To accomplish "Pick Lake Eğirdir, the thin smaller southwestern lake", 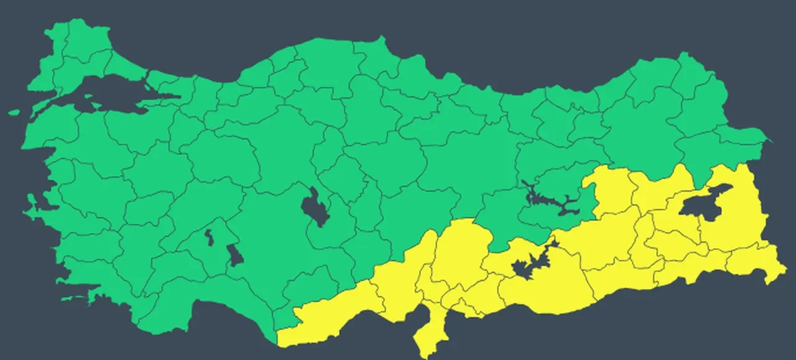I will pos(209,237).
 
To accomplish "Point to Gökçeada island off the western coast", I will pos(14,113).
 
